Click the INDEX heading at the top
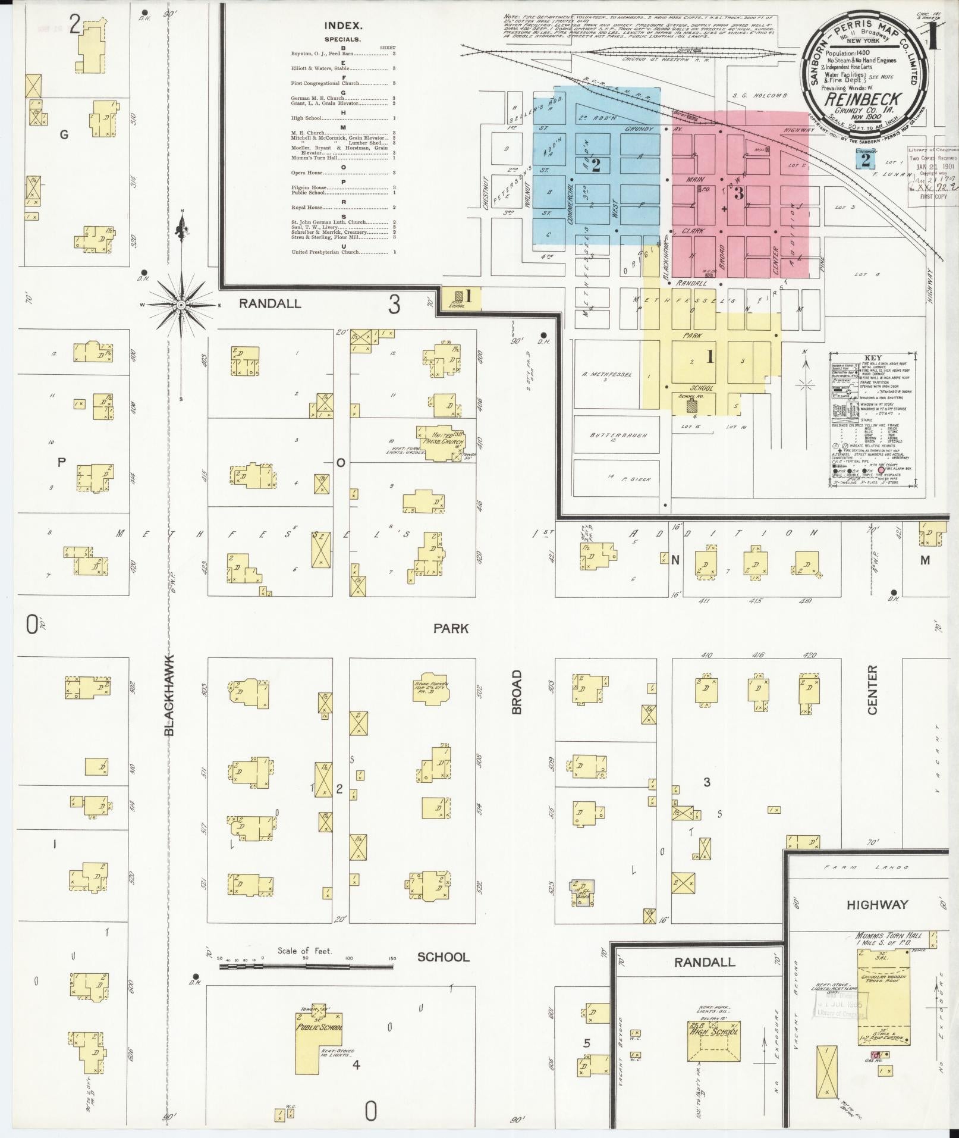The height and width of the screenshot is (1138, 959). coord(343,26)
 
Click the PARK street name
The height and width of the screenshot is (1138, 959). coord(451,628)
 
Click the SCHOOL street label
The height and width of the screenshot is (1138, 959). coord(443,957)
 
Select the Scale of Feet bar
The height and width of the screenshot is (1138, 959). coord(306,967)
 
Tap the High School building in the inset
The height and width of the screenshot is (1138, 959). coord(713,1036)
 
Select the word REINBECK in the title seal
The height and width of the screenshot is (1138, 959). coord(862,99)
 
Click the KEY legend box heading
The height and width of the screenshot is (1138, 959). coord(872,358)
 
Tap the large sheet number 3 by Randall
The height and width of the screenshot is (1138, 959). coord(394,305)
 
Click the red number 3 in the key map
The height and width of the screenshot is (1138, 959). coord(738,193)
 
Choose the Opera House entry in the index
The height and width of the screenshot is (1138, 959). coord(307,173)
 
